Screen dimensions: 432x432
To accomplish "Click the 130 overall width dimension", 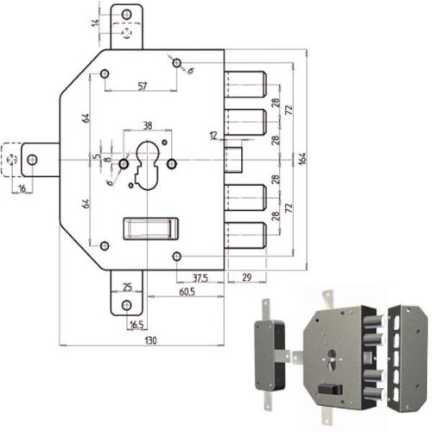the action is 150,340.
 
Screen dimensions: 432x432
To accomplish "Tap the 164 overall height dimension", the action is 302,159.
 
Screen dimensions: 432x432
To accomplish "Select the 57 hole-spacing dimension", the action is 143,86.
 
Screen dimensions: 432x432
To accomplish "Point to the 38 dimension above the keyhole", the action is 148,125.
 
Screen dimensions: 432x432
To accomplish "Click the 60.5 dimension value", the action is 187,292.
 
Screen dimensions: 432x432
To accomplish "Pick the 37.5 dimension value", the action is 200,278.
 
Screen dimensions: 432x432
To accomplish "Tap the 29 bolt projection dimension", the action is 247,277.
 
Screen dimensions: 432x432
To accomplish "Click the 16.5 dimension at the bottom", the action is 137,325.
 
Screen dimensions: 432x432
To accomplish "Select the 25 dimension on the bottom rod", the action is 127,287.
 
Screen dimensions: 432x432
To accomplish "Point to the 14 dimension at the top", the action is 95,23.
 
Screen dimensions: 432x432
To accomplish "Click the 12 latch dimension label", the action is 213,136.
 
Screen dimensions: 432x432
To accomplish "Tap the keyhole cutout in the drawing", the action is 147,165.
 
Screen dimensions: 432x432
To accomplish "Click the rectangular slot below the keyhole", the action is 150,229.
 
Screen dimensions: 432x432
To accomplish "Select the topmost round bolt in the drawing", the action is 245,84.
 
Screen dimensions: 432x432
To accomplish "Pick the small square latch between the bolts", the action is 233,160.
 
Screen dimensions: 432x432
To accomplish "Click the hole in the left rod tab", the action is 32,160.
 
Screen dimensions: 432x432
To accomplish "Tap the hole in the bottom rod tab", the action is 127,305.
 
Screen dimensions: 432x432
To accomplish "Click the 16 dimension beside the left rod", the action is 22,188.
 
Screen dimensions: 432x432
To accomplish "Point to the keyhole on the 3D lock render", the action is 332,359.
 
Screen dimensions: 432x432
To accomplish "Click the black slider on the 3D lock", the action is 330,390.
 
